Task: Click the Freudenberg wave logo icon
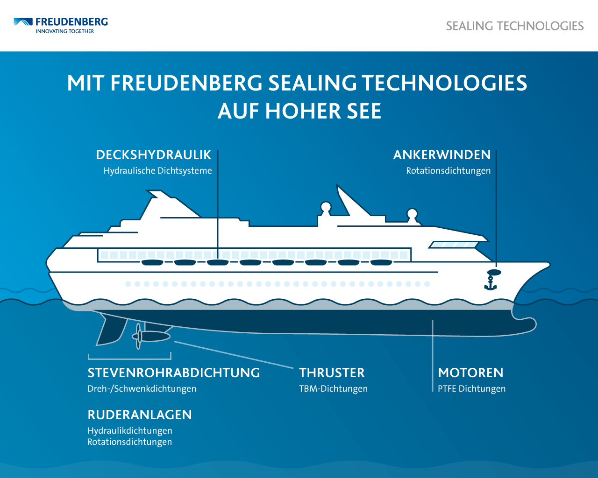tap(23, 22)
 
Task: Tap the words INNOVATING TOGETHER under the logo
tap(65, 31)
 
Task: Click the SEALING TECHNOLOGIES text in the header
tap(515, 26)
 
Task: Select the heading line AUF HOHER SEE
tap(299, 111)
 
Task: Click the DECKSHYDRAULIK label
tap(154, 155)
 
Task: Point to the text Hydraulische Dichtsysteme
tap(157, 170)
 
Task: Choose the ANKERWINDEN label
tap(442, 155)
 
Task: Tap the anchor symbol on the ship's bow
tap(491, 283)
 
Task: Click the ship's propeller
tap(138, 337)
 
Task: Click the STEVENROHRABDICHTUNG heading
tap(174, 373)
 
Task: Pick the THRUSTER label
tap(332, 373)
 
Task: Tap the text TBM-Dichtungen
tap(333, 388)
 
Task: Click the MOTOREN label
tap(470, 373)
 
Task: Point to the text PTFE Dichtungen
tap(471, 388)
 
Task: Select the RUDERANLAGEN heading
tap(140, 415)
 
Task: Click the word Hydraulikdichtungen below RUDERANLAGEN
tap(130, 431)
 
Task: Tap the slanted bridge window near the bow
tap(453, 245)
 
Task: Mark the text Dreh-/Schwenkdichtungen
tap(142, 388)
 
